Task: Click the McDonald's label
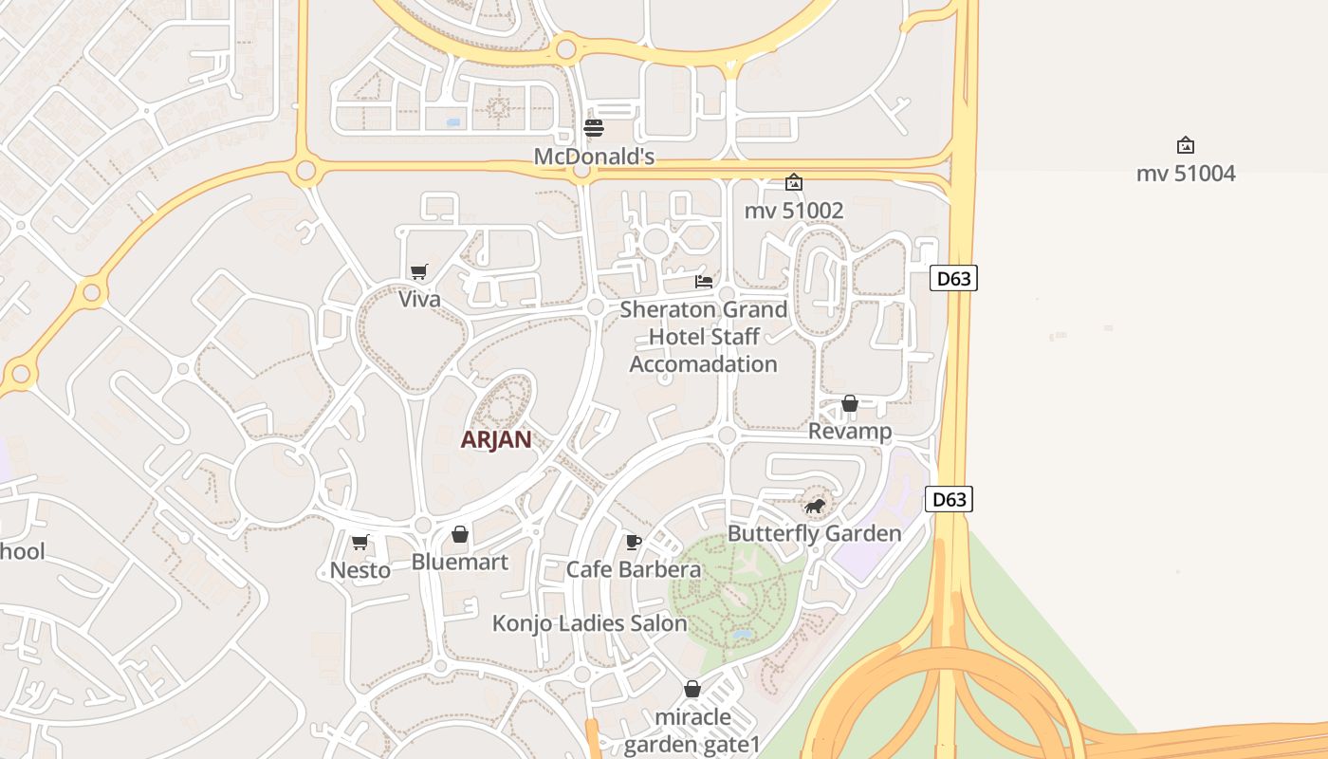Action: tap(594, 157)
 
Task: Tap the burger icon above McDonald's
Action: tap(594, 128)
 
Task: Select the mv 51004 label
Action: tap(1186, 174)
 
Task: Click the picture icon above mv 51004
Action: tap(1185, 145)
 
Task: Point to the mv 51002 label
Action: tap(794, 211)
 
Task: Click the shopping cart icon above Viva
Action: tap(418, 272)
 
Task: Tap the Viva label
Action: tap(419, 300)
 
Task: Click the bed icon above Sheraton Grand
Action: tap(704, 281)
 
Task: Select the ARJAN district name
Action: tap(496, 440)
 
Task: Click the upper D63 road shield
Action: tap(953, 278)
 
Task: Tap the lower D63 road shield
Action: tap(949, 499)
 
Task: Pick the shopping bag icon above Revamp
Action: tap(850, 404)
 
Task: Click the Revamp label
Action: tap(850, 432)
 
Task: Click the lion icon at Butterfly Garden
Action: tap(814, 506)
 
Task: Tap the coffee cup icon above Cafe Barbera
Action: tap(634, 542)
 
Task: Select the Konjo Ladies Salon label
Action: tap(589, 623)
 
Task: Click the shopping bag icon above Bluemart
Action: tap(460, 535)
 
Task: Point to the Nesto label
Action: tap(360, 570)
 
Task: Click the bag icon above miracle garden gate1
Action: tap(692, 689)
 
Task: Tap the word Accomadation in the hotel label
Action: tap(703, 364)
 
